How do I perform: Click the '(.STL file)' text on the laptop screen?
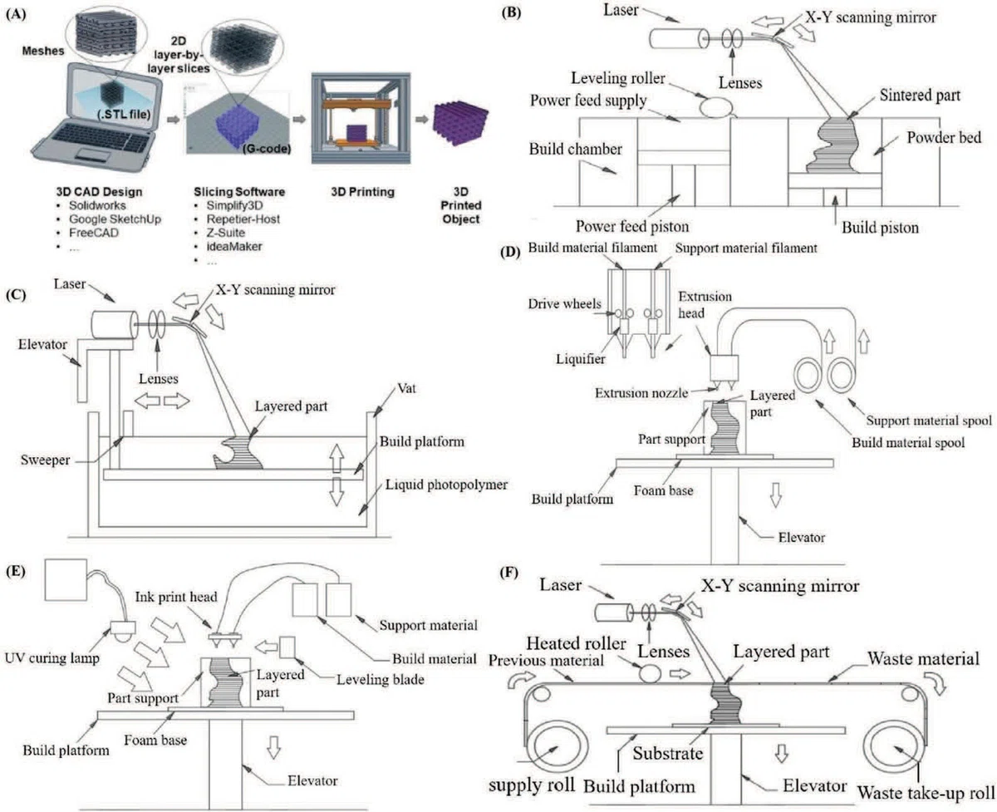(124, 114)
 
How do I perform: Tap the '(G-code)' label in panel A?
(267, 149)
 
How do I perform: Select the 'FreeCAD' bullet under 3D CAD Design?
(94, 233)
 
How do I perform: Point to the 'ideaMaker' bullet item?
(234, 246)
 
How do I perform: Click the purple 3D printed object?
(460, 124)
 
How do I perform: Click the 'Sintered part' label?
(920, 95)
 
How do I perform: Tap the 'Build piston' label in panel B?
(880, 228)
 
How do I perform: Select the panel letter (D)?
(511, 252)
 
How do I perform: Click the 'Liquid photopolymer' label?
(446, 485)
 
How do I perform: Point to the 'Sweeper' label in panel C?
(45, 460)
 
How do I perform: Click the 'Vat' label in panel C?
(406, 388)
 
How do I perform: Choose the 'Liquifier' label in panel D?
(581, 359)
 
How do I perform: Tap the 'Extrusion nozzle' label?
(641, 393)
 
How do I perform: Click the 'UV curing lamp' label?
(52, 658)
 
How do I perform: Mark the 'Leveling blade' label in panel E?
(380, 680)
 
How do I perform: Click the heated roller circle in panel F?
(650, 674)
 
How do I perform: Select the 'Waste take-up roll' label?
(926, 793)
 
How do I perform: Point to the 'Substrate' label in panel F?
(667, 753)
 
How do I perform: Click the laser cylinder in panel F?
(614, 613)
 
